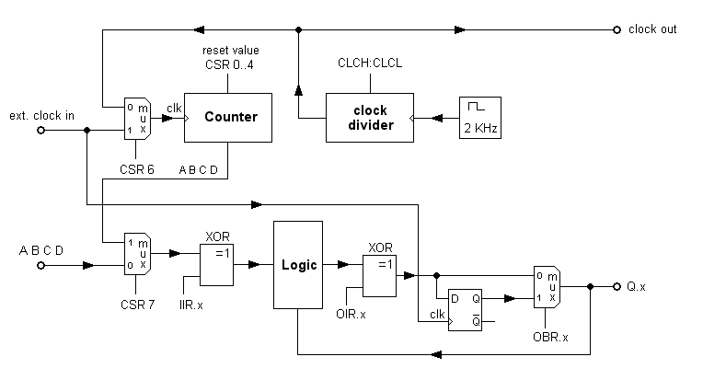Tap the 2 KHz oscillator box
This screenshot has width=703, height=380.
click(x=478, y=118)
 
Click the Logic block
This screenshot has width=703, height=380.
click(x=298, y=265)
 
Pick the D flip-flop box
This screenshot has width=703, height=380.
click(x=464, y=305)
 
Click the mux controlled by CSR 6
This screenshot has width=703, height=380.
click(x=137, y=117)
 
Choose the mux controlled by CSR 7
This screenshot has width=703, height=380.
click(x=137, y=253)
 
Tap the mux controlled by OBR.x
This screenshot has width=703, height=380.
click(x=547, y=286)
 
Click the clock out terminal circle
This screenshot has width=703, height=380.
click(x=617, y=29)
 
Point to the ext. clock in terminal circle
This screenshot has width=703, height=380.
click(x=40, y=130)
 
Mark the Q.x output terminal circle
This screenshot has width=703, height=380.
click(x=617, y=286)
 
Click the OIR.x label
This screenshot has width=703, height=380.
click(x=349, y=315)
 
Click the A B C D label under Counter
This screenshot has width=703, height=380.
click(x=198, y=168)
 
